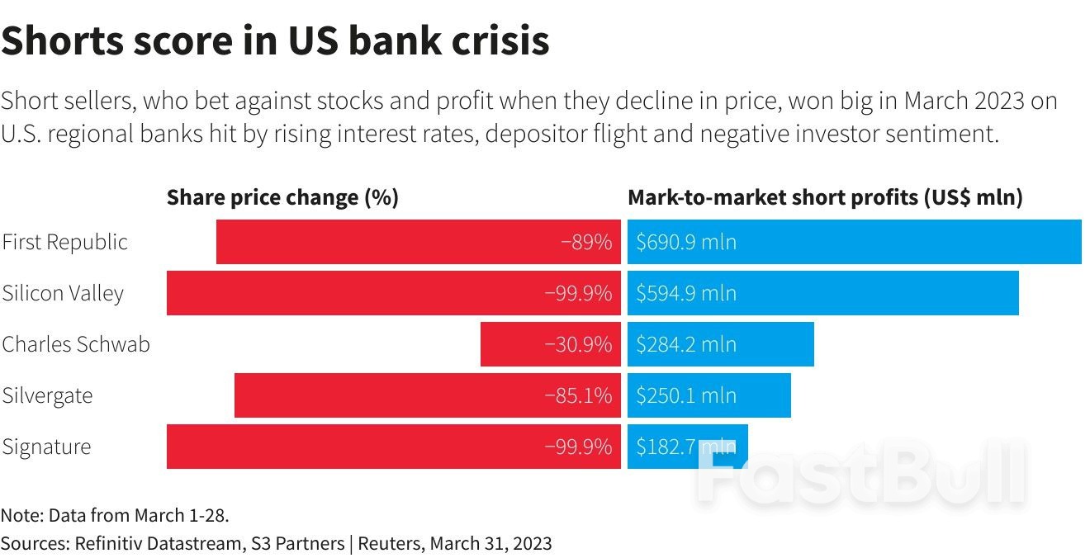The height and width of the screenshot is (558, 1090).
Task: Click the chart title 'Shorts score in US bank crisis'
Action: tap(275, 40)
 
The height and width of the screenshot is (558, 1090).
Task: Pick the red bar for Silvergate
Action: tap(388, 395)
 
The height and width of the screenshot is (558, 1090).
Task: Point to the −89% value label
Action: tap(586, 243)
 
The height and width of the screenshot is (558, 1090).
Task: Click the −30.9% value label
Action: tap(578, 344)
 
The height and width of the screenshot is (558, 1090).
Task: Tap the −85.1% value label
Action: tap(578, 395)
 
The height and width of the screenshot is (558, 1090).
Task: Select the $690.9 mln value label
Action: tap(685, 243)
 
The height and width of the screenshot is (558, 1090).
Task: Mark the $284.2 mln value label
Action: tap(685, 344)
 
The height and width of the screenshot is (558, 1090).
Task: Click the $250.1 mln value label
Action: tap(685, 395)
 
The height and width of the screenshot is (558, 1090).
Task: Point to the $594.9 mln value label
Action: tap(685, 293)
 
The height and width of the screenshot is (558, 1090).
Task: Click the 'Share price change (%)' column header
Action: tap(282, 198)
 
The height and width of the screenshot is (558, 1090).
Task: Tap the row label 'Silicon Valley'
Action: tap(63, 294)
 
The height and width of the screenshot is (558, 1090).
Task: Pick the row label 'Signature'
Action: tap(46, 447)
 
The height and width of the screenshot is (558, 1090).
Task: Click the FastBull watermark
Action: tap(859, 475)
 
